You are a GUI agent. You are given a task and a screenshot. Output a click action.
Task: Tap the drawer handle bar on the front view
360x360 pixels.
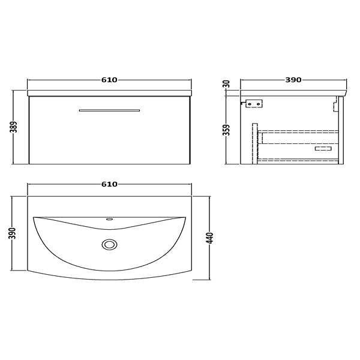pyautogui.click(x=110, y=110)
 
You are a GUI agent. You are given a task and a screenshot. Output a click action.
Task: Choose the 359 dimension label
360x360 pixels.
pyautogui.click(x=227, y=129)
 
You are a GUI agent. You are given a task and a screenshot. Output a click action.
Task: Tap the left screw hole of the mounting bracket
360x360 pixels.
pyautogui.click(x=250, y=104)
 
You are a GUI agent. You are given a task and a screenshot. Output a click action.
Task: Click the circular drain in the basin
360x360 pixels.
pyautogui.click(x=110, y=244)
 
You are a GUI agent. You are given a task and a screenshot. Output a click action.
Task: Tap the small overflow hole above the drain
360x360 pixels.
pyautogui.click(x=110, y=220)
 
